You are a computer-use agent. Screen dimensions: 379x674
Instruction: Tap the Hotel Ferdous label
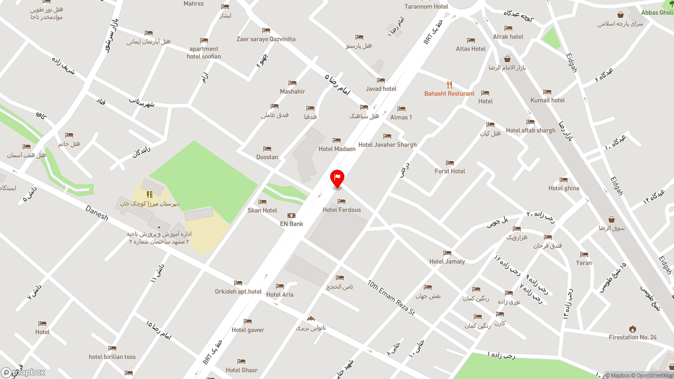(342, 210)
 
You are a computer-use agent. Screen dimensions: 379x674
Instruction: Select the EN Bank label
(291, 224)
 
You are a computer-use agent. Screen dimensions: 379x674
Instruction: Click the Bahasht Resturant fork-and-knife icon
(449, 85)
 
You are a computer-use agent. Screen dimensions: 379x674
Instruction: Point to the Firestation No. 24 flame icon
(632, 329)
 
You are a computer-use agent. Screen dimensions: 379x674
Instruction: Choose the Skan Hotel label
(262, 211)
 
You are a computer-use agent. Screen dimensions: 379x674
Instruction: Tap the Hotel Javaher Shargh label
(387, 145)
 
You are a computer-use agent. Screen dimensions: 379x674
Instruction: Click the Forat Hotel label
(450, 171)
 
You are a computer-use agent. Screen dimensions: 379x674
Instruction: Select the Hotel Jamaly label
(447, 262)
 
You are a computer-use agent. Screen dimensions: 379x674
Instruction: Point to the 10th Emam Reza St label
(391, 297)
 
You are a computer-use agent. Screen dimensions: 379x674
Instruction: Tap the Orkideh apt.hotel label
(238, 292)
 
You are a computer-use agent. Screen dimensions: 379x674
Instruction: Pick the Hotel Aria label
(280, 295)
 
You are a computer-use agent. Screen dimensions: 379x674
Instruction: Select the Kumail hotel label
(548, 100)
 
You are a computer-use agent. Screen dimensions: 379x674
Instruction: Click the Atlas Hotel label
(471, 49)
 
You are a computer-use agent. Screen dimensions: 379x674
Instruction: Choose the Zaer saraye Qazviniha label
(266, 39)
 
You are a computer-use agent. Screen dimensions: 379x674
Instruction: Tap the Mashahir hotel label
(292, 92)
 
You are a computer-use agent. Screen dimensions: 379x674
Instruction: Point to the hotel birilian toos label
(112, 357)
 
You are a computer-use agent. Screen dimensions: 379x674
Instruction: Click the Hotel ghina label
(563, 188)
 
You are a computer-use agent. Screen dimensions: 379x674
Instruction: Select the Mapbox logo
(23, 372)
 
